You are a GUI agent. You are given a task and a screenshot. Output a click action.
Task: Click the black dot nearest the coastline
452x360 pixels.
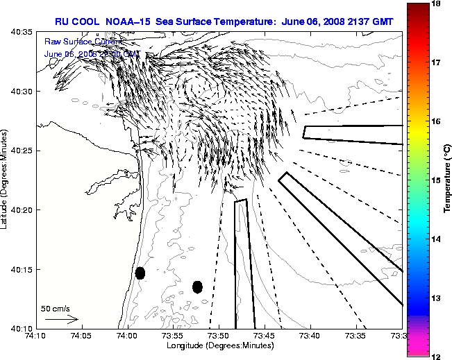140,273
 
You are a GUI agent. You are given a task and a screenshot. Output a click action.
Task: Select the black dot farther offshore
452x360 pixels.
197,286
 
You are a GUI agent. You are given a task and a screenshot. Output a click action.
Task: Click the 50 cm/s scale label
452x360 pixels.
56,308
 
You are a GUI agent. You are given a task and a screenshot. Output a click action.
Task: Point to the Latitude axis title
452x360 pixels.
6,180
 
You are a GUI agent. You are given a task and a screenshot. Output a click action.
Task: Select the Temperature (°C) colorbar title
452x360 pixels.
447,180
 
